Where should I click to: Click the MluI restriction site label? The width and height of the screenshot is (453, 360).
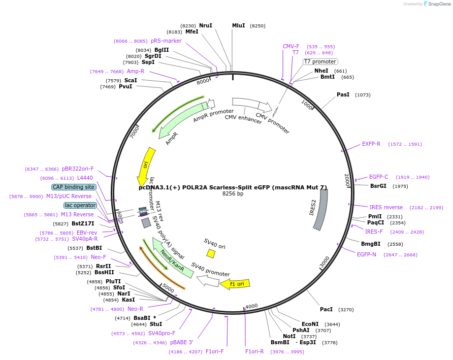tap(238, 26)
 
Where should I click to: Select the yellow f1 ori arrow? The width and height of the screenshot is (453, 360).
tap(235, 284)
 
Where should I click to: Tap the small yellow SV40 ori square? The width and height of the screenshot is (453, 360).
tap(211, 254)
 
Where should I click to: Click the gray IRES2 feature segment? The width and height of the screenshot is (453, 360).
tap(320, 210)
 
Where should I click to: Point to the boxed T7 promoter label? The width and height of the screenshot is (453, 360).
tap(320, 61)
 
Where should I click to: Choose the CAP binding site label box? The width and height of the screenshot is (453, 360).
tap(73, 187)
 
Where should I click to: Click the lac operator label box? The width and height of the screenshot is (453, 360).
tap(80, 205)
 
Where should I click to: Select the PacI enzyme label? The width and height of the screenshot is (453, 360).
tap(326, 309)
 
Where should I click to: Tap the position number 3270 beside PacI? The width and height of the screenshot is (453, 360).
tap(346, 310)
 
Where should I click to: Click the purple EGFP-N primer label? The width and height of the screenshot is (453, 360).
tap(366, 254)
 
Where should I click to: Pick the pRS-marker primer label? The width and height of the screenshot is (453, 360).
tap(166, 41)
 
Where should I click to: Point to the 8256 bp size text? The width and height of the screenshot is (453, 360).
tap(233, 193)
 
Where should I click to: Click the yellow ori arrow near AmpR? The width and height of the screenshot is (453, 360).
tap(146, 167)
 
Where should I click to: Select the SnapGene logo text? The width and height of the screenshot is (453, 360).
tap(439, 4)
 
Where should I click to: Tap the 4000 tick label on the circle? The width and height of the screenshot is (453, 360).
tap(251, 306)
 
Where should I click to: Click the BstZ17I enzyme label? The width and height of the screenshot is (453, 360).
tap(83, 223)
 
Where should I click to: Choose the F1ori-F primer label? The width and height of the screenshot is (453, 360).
tap(214, 351)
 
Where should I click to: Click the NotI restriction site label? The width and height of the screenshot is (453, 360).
tap(289, 336)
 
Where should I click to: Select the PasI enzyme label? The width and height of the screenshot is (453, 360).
tap(343, 95)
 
